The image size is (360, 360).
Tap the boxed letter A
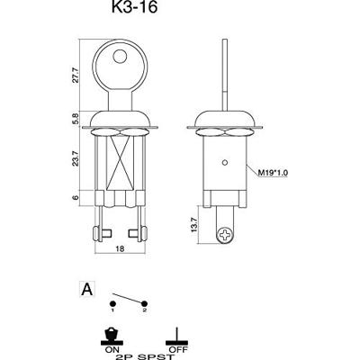(x=87, y=290)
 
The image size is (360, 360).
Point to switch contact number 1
(x=114, y=310)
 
